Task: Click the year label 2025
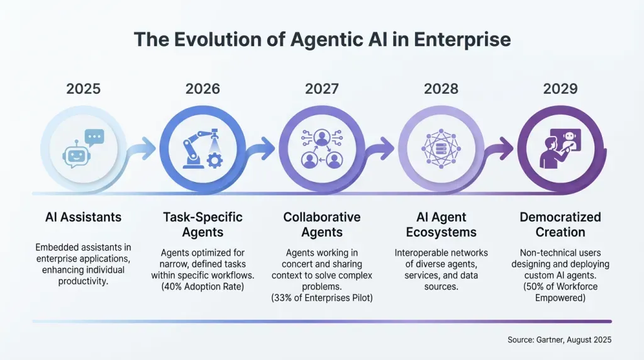(x=83, y=89)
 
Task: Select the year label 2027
(x=321, y=89)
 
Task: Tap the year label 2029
(x=560, y=89)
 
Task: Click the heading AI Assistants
(x=83, y=217)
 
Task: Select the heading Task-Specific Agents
(x=202, y=225)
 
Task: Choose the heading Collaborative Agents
(x=321, y=225)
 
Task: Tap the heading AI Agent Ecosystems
(x=440, y=225)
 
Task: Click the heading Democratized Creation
(x=560, y=225)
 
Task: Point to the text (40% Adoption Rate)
(x=202, y=287)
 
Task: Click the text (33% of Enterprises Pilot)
(x=321, y=298)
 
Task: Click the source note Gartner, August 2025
(x=559, y=340)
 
